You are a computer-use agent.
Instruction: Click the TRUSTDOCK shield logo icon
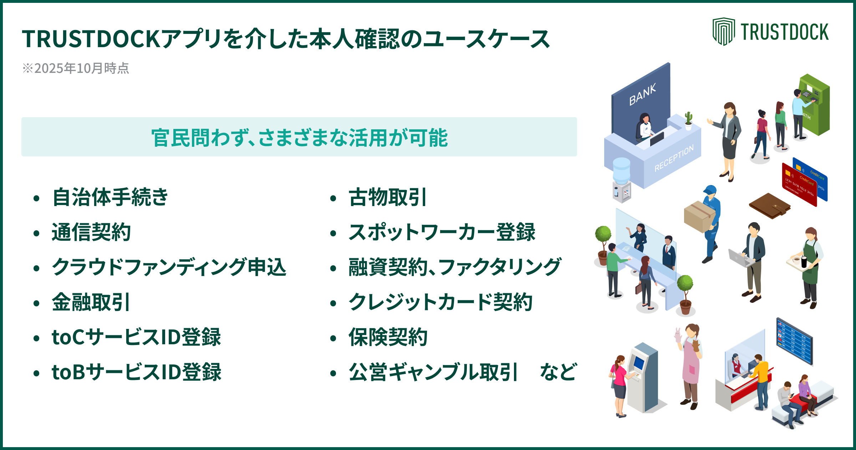pos(723,31)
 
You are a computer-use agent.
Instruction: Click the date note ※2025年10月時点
pos(76,68)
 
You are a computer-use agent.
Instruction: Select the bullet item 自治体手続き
pos(110,197)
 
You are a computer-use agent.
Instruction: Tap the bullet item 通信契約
pos(91,232)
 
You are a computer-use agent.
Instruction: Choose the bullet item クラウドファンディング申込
pos(169,267)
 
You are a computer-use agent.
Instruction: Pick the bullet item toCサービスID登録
pos(136,337)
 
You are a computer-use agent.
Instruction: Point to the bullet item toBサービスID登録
pos(136,372)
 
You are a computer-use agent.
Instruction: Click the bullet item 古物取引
pos(387,197)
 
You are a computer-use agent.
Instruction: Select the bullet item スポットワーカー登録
pos(442,232)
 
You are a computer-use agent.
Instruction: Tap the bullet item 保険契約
pos(388,337)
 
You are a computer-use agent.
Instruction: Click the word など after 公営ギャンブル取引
pos(558,372)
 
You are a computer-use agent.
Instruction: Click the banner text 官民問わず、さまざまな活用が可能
pos(299,137)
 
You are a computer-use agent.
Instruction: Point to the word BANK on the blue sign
pos(642,95)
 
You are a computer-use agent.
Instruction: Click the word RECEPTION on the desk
pos(674,158)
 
